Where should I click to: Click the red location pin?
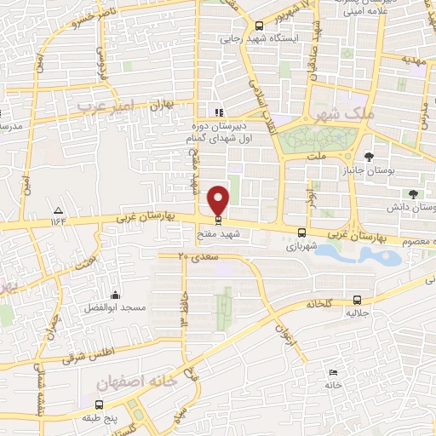219,199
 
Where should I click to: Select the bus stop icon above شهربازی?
301,232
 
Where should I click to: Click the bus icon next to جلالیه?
357,300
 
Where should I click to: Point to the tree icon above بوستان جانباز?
368,156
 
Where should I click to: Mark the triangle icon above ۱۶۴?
58,210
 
